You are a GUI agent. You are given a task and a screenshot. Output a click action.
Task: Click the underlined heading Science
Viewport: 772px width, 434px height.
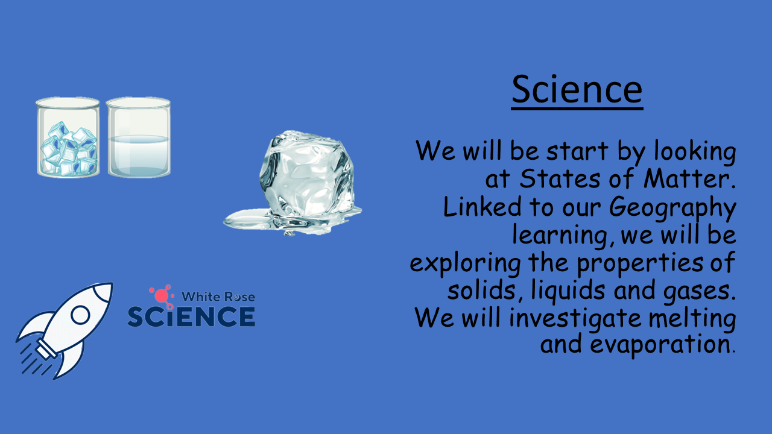(577, 90)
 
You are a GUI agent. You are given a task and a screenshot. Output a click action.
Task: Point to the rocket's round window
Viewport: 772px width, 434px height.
(80, 315)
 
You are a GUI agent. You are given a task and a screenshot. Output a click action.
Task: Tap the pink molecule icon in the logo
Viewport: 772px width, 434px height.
(161, 296)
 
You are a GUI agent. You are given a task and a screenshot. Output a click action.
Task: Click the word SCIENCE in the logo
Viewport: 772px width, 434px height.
(191, 316)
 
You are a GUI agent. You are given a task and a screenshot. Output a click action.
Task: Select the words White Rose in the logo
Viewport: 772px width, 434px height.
(218, 297)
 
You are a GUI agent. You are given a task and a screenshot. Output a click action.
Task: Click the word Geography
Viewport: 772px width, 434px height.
(672, 208)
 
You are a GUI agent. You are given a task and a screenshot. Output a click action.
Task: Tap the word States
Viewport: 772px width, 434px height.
(560, 179)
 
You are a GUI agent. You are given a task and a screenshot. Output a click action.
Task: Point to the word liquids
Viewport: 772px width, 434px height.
(568, 291)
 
